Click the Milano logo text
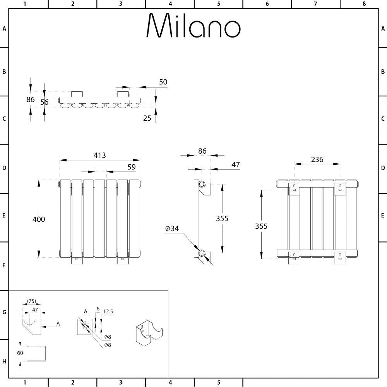(193, 26)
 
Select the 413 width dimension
(99, 156)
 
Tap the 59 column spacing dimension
(132, 167)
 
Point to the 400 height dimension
(38, 219)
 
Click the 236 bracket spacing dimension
(317, 159)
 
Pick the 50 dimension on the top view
(163, 82)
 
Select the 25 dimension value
(147, 118)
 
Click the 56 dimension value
(45, 102)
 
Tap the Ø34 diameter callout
(172, 229)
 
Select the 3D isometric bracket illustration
(149, 333)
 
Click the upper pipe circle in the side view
(202, 183)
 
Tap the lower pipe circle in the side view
(202, 253)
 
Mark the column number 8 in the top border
(364, 4)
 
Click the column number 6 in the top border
(267, 4)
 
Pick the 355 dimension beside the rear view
(261, 226)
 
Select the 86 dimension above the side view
(202, 151)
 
